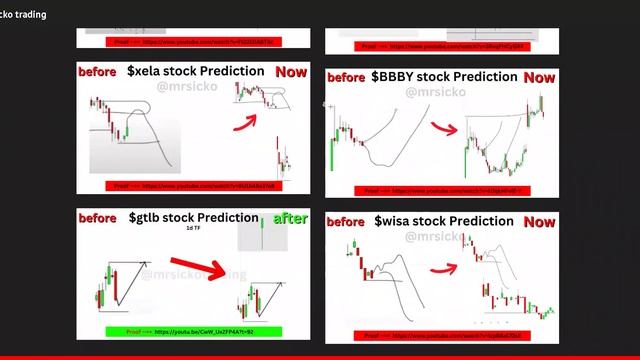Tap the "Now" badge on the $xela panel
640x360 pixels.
click(x=291, y=72)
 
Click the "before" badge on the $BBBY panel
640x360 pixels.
click(x=347, y=78)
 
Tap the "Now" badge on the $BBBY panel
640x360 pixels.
click(x=539, y=77)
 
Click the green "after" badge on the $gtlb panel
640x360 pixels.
click(x=291, y=219)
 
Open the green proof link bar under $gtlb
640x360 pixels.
click(x=193, y=331)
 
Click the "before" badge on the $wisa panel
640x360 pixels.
click(x=347, y=221)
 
